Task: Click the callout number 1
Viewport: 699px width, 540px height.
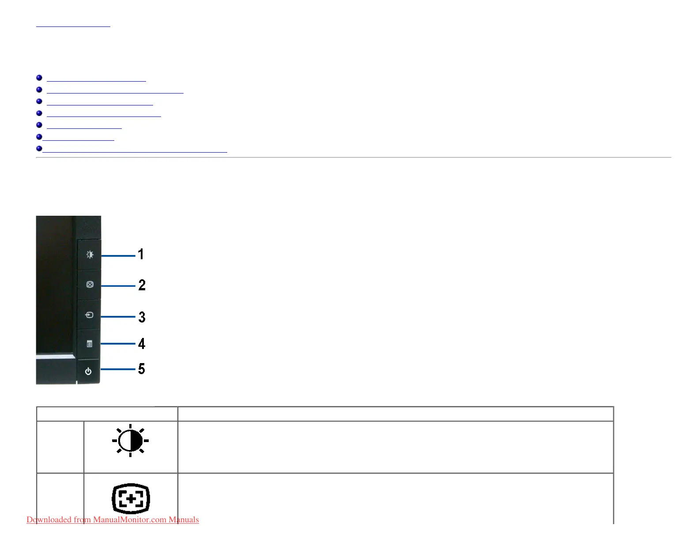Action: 141,254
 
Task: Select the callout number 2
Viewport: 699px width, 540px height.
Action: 142,285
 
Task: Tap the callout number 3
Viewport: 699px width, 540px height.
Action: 142,317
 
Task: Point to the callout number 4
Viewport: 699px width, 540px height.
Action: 141,344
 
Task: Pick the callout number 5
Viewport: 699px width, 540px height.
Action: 141,369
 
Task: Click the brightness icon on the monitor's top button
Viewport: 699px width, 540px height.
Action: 90,255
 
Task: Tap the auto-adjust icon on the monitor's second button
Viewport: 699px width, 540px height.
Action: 90,285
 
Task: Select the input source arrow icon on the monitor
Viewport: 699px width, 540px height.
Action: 89,315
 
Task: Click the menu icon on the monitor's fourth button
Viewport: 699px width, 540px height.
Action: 90,344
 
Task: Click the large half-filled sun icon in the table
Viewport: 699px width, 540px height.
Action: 131,440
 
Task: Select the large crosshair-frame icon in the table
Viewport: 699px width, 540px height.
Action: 131,499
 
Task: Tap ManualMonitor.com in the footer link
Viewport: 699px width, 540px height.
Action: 130,520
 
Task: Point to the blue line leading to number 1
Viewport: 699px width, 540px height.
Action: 118,255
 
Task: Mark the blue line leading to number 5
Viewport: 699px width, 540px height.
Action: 118,369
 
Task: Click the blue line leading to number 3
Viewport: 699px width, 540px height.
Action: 118,316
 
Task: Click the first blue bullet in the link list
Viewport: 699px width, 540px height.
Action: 39,78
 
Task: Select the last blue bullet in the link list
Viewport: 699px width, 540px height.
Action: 39,149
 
